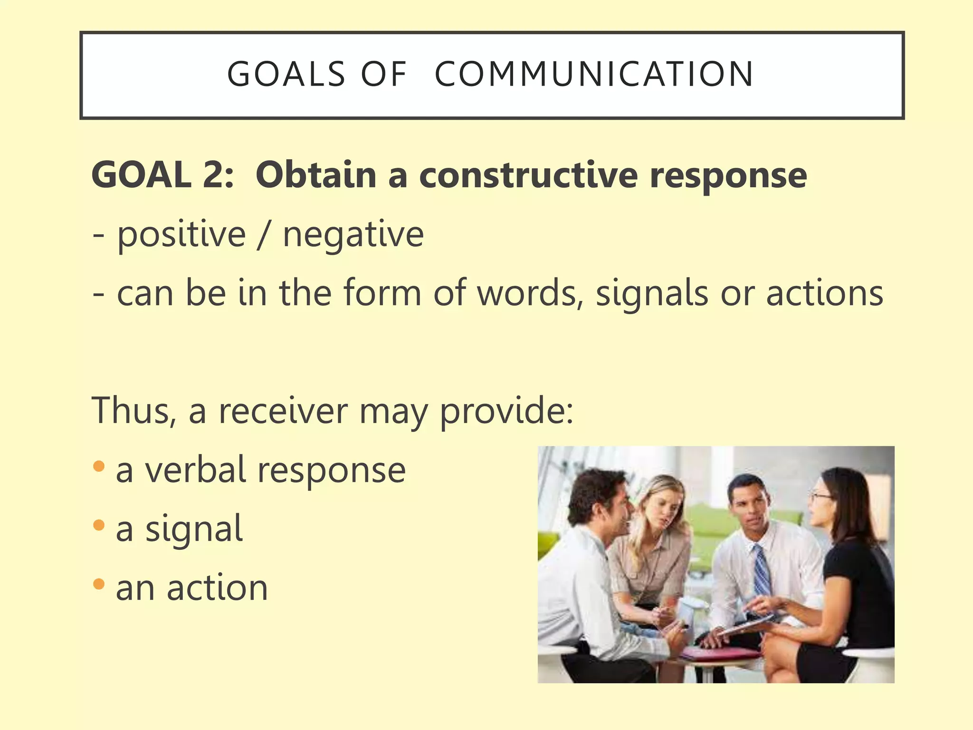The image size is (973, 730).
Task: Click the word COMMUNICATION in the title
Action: pyautogui.click(x=594, y=75)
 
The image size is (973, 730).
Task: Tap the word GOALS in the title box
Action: pyautogui.click(x=286, y=75)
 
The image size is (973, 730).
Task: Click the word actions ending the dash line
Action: pyautogui.click(x=824, y=293)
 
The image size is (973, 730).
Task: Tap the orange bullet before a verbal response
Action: pyautogui.click(x=99, y=466)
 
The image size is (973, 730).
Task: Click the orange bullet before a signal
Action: pyautogui.click(x=99, y=525)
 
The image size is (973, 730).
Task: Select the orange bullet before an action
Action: pyautogui.click(x=99, y=584)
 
